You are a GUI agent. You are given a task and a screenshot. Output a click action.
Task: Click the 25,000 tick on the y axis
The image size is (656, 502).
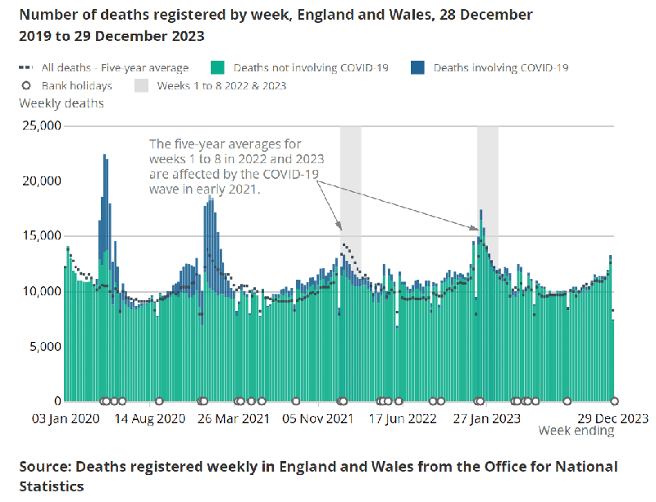[39, 126]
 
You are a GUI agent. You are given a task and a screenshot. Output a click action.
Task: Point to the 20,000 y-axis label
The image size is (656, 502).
[39, 181]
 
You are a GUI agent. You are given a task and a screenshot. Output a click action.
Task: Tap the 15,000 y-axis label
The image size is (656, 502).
[39, 236]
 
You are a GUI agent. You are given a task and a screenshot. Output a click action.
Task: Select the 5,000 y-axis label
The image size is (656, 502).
[43, 346]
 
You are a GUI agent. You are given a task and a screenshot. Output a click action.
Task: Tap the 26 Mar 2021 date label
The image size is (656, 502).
[234, 418]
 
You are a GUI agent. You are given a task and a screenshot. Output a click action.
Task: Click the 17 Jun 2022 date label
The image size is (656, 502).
[402, 418]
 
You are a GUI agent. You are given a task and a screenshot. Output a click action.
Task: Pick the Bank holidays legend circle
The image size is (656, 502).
[26, 85]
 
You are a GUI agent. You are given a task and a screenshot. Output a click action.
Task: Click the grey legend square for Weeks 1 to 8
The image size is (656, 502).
[141, 85]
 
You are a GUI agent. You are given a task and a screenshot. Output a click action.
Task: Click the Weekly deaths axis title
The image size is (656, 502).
[61, 103]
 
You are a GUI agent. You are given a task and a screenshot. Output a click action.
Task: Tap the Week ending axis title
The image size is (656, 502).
[576, 431]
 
